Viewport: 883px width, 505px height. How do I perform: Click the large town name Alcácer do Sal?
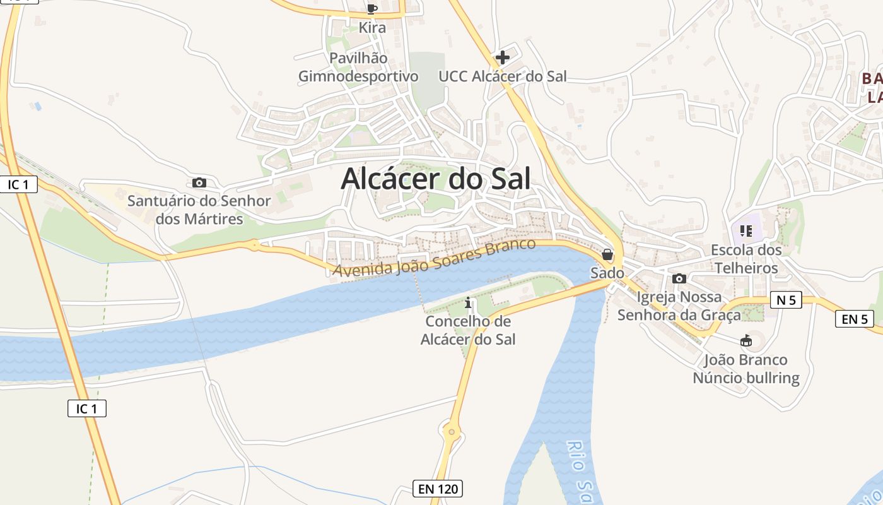click(436, 179)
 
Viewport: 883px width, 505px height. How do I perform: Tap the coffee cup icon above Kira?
click(371, 9)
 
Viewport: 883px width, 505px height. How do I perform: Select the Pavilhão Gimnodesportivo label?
click(358, 67)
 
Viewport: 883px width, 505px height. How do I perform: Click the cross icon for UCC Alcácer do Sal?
click(503, 57)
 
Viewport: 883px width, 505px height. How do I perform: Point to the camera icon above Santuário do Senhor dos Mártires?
click(199, 183)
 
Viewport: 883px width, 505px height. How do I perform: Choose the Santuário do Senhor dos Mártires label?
click(199, 210)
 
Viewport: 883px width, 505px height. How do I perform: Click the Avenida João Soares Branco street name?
click(435, 258)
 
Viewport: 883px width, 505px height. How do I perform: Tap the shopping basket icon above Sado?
click(607, 254)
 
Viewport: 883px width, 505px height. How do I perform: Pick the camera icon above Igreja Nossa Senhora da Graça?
click(679, 278)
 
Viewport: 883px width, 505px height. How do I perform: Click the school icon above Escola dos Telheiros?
click(746, 231)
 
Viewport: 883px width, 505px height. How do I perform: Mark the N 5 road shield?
click(786, 300)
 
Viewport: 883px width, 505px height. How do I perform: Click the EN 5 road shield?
click(855, 319)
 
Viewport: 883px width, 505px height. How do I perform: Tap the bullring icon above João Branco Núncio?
click(746, 341)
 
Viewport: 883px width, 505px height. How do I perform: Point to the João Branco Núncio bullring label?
click(746, 369)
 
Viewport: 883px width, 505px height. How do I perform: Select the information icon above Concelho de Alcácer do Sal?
click(468, 303)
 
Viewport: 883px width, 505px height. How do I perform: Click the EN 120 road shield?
click(438, 488)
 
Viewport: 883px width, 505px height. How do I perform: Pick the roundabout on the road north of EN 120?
click(452, 433)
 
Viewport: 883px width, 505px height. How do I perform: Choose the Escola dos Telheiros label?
click(746, 259)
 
